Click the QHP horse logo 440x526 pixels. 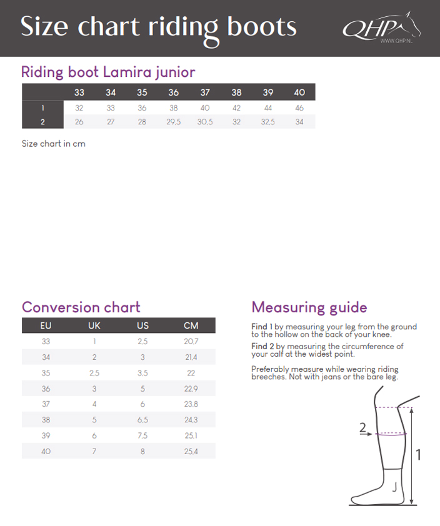(381, 27)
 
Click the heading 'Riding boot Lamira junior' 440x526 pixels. (108, 72)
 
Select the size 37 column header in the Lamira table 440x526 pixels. (205, 92)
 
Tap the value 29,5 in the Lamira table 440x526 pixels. (173, 122)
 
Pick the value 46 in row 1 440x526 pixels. (299, 107)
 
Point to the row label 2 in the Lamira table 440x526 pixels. (42, 122)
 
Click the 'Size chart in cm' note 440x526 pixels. (53, 144)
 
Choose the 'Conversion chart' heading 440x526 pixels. (81, 307)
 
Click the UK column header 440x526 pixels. (94, 325)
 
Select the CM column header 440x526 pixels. (191, 325)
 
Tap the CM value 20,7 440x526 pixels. (191, 342)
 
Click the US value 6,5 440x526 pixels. (142, 420)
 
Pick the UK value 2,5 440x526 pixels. (94, 373)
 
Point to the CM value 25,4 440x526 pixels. (191, 451)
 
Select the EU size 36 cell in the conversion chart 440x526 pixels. (46, 389)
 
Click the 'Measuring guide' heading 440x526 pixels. (309, 307)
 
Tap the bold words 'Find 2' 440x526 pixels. (262, 346)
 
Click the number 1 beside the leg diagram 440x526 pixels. (418, 455)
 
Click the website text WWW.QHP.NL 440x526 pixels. (394, 41)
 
